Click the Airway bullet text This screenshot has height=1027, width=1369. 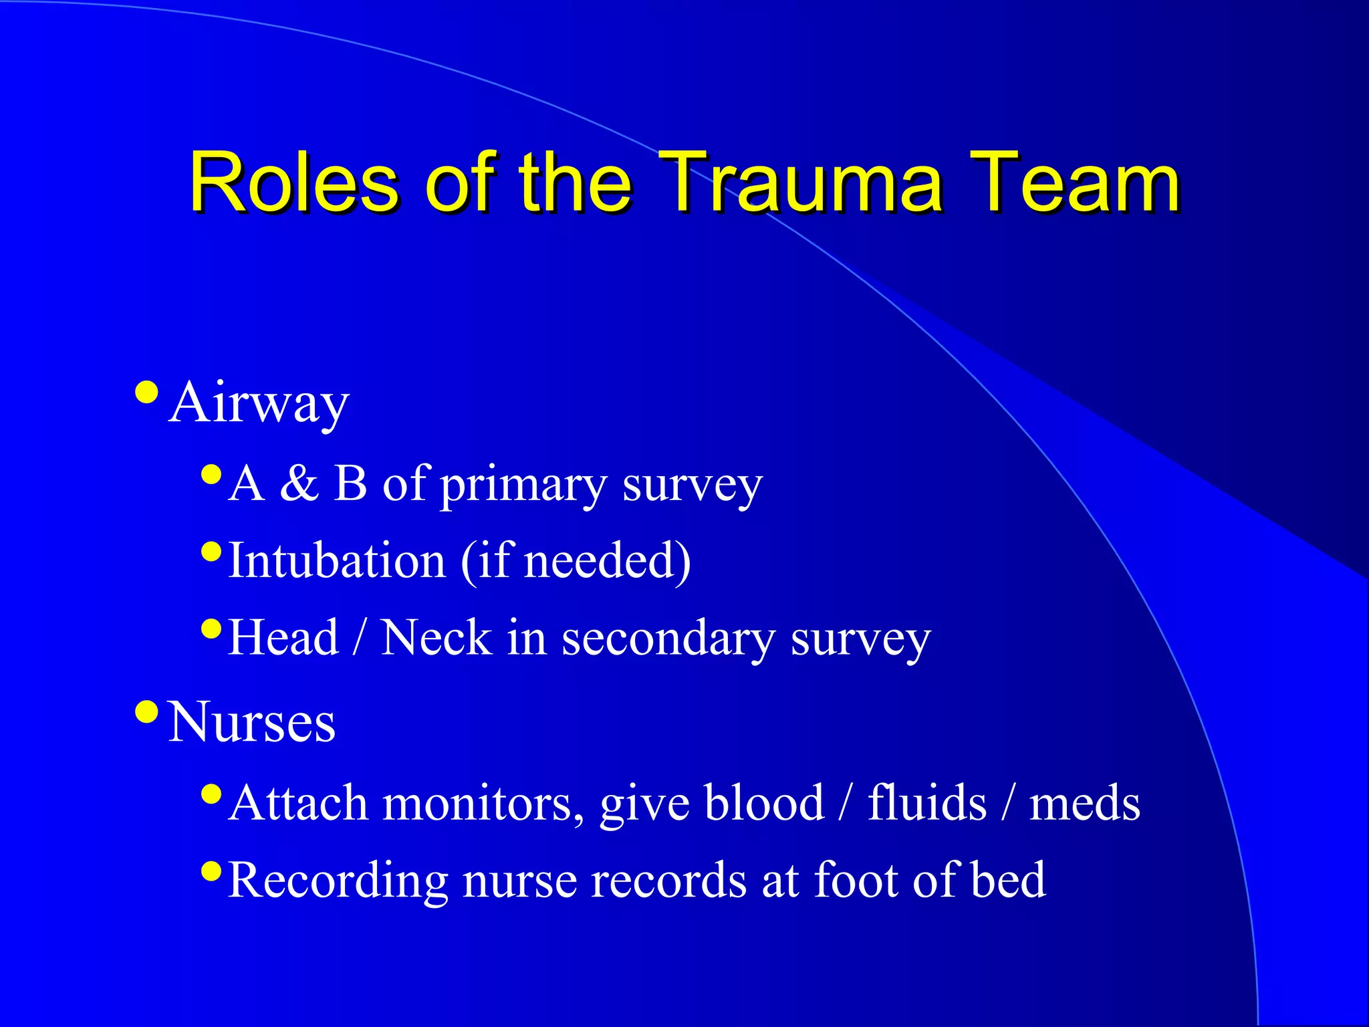click(259, 403)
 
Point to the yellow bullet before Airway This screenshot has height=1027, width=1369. click(146, 392)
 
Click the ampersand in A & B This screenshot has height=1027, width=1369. click(299, 483)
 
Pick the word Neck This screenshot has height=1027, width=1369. click(436, 637)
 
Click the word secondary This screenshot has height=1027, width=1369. click(668, 637)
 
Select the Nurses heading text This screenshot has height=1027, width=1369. click(251, 722)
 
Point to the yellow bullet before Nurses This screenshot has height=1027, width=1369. click(146, 711)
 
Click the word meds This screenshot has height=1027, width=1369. click(1084, 802)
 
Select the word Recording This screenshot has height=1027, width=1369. click(338, 881)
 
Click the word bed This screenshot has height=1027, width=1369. click(1008, 879)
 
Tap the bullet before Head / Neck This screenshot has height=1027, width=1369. click(211, 629)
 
